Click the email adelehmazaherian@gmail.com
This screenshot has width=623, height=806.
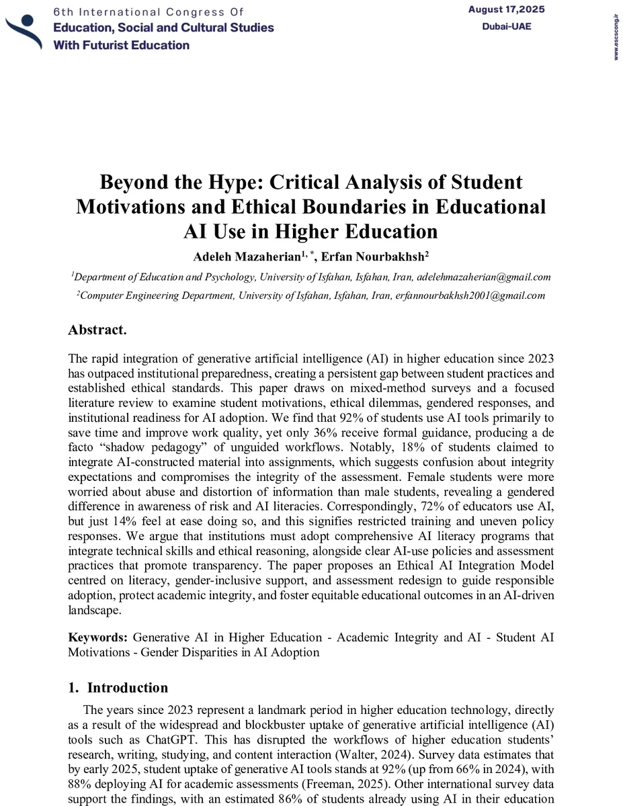484,277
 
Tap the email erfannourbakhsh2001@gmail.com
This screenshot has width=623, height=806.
470,296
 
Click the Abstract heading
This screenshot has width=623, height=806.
97,330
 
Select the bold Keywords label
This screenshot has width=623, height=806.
98,637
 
